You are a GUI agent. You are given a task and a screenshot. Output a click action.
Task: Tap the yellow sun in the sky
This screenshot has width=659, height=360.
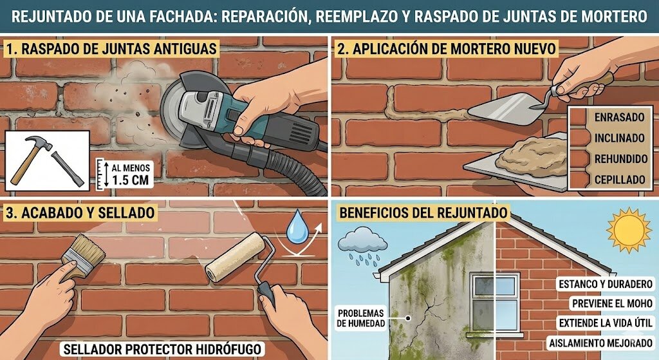[629, 230]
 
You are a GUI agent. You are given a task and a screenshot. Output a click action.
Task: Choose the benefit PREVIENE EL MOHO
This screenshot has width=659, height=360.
[609, 303]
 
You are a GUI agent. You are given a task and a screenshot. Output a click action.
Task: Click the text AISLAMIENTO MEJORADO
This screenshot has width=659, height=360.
[601, 342]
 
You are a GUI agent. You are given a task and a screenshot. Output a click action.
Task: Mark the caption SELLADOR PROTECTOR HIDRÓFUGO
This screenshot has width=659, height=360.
[162, 350]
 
